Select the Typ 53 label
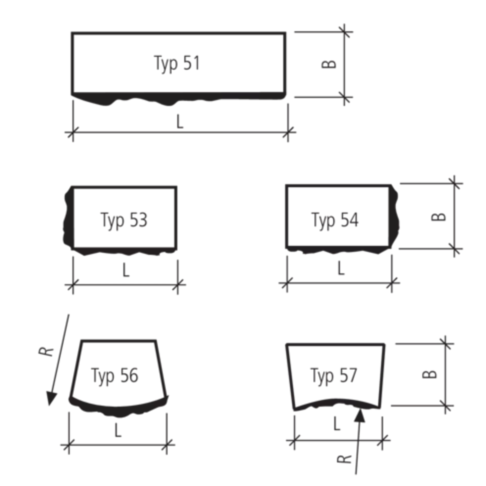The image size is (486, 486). (x=124, y=220)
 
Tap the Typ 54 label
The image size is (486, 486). (x=336, y=220)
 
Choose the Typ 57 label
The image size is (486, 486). (x=333, y=376)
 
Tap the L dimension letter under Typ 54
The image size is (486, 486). (x=341, y=270)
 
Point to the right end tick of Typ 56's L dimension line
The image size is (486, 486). (x=166, y=444)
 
